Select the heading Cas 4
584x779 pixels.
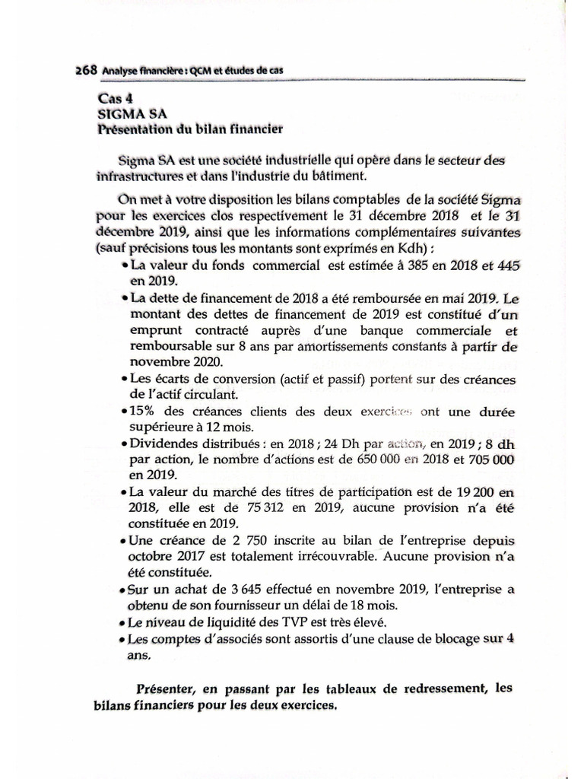point(115,100)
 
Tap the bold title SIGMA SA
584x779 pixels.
point(127,113)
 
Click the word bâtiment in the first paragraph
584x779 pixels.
point(338,176)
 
